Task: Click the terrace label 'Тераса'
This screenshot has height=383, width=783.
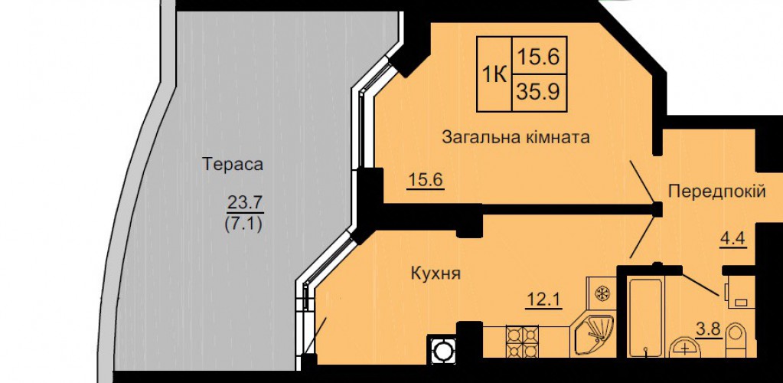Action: (233, 165)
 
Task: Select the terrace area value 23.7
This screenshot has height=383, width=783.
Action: (244, 204)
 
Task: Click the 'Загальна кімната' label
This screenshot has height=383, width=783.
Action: (517, 137)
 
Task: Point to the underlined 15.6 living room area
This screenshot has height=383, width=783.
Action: (426, 179)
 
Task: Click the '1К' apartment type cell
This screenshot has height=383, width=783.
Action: (494, 74)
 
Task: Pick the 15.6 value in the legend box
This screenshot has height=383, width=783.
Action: (537, 57)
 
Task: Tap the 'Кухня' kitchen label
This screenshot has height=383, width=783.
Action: (435, 273)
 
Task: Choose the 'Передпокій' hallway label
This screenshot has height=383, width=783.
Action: (716, 191)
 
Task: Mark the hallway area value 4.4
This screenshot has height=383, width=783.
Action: (732, 238)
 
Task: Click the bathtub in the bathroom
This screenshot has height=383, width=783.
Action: (645, 318)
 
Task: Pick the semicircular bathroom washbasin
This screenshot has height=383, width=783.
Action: (687, 349)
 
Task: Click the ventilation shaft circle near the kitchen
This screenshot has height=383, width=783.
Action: (442, 351)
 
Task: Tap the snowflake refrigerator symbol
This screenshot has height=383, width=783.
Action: (602, 293)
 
